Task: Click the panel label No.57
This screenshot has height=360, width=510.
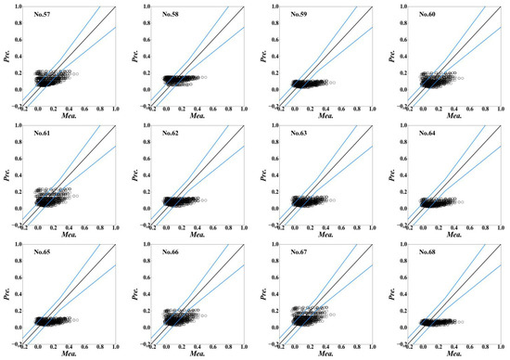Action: [45, 15]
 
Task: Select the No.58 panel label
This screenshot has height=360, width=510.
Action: [172, 15]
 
